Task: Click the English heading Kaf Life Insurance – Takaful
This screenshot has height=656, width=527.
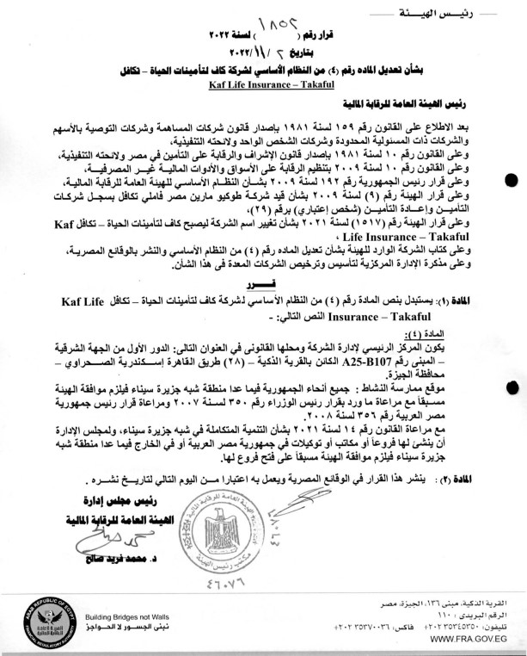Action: coord(263,86)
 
